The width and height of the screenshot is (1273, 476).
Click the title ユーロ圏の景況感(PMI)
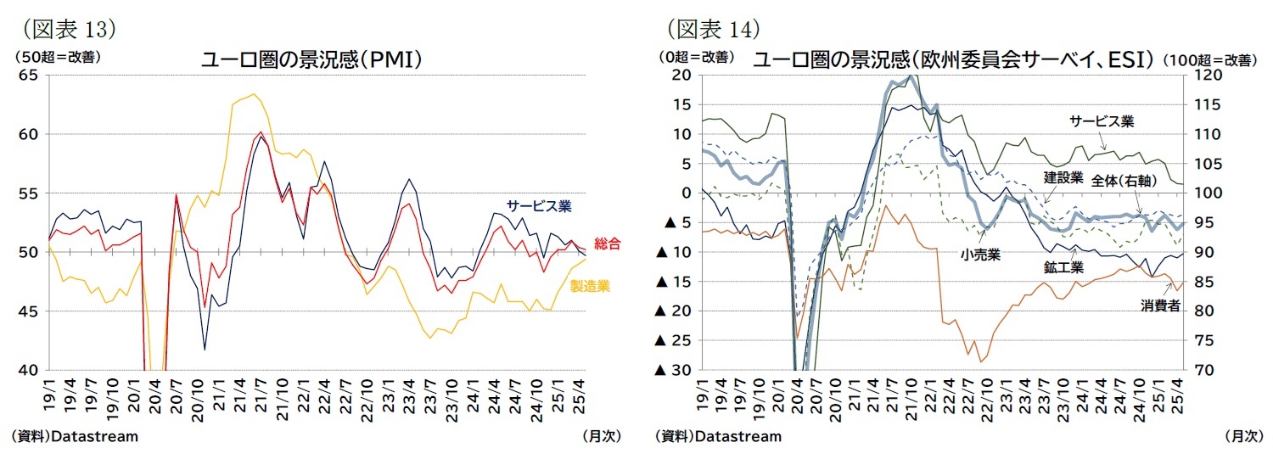[x=311, y=60]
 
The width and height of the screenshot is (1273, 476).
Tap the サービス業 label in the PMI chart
[x=538, y=206]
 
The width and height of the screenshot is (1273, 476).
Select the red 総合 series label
[x=607, y=244]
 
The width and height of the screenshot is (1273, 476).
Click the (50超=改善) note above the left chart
[x=54, y=58]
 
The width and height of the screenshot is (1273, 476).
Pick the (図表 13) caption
[x=68, y=28]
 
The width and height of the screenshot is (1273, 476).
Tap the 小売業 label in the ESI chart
[x=980, y=253]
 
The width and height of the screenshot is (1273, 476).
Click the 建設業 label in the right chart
[x=1063, y=177]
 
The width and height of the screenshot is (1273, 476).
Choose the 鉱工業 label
[x=1063, y=266]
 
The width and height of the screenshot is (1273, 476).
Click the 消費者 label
[x=1159, y=306]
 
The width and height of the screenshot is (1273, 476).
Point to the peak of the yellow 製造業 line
[x=254, y=94]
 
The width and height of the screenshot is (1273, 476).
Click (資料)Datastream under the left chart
[x=75, y=436]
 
